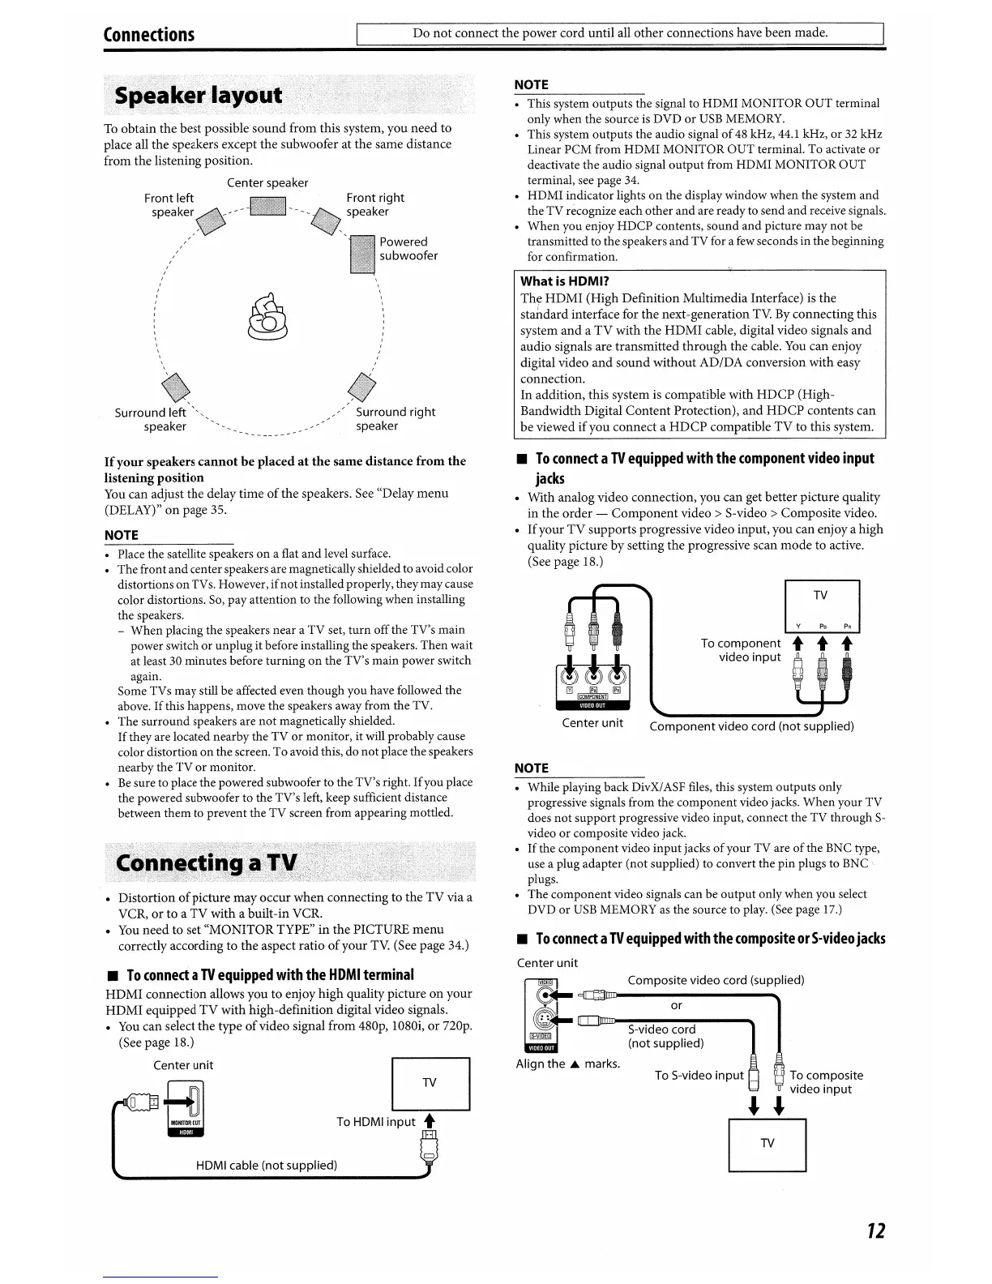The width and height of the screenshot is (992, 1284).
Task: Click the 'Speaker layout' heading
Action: pyautogui.click(x=199, y=96)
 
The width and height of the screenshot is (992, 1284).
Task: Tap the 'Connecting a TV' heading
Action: pyautogui.click(x=207, y=862)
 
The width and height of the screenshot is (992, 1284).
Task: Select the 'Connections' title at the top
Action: pyautogui.click(x=149, y=34)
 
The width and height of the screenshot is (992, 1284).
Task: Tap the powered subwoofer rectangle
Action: pyautogui.click(x=361, y=254)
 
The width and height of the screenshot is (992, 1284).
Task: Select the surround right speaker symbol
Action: pyautogui.click(x=360, y=386)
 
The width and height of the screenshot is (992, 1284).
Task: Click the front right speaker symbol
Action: pyautogui.click(x=327, y=220)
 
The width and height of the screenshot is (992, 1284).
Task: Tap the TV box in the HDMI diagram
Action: pyautogui.click(x=430, y=1084)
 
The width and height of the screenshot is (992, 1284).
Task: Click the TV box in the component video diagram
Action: pyautogui.click(x=821, y=596)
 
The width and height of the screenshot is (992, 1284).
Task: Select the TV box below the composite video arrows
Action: pyautogui.click(x=767, y=1144)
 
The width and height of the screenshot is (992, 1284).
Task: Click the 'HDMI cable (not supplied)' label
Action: pyautogui.click(x=267, y=1165)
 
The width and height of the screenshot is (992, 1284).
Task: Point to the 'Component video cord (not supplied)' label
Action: pyautogui.click(x=751, y=726)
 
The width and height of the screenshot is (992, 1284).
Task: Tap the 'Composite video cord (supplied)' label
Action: pyautogui.click(x=716, y=980)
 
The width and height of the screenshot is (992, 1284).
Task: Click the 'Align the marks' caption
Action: pyautogui.click(x=567, y=1064)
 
